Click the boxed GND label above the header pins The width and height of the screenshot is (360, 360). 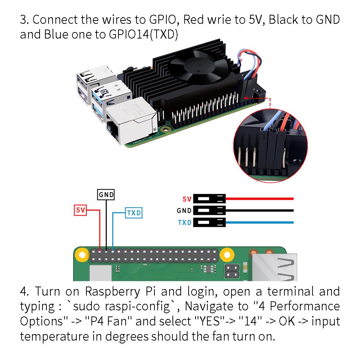(x=106, y=195)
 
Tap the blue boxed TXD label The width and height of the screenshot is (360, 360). (x=133, y=213)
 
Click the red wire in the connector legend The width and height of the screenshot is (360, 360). (x=259, y=198)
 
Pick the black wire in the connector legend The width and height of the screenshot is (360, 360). (x=259, y=210)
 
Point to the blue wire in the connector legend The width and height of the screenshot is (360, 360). (x=259, y=222)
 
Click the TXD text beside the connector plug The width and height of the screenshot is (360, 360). (x=185, y=222)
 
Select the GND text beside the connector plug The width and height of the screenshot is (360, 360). (x=184, y=211)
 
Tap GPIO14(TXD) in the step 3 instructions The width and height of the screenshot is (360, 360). (x=143, y=35)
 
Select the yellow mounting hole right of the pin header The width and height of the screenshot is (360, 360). (x=226, y=254)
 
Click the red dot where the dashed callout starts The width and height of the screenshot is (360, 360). (x=246, y=97)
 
